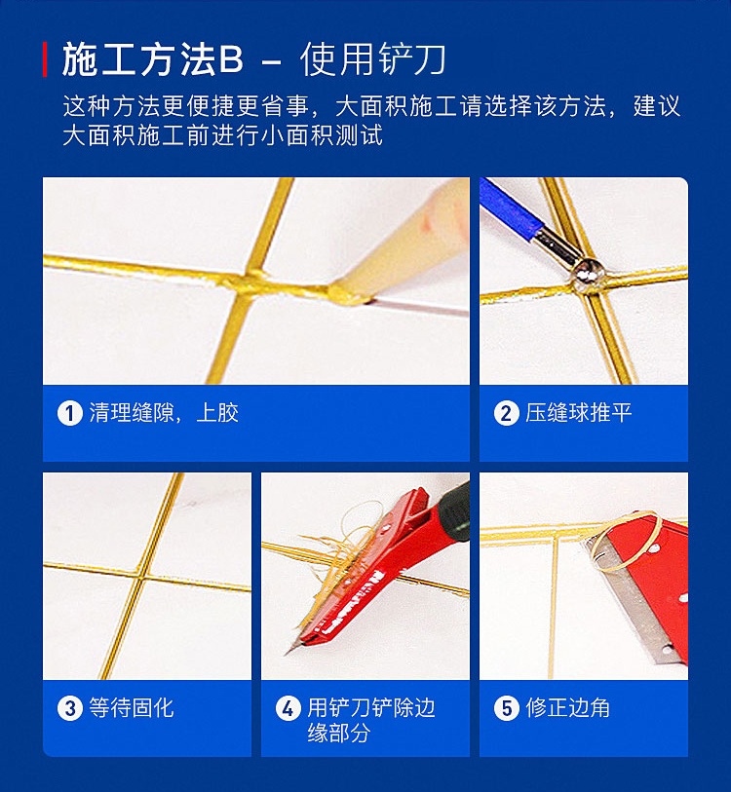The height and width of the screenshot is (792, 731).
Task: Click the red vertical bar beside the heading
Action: pyautogui.click(x=45, y=59)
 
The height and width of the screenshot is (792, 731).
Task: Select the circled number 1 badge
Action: pyautogui.click(x=69, y=413)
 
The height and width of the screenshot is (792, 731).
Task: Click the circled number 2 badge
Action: pyautogui.click(x=506, y=413)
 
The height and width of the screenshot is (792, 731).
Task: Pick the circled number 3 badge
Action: pyautogui.click(x=69, y=708)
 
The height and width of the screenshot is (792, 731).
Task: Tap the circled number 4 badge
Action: pyautogui.click(x=288, y=708)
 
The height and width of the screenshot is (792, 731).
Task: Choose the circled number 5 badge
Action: pyautogui.click(x=506, y=708)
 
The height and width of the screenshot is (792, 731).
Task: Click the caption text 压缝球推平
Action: pyautogui.click(x=579, y=413)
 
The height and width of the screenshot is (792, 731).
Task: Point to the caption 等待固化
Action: pyautogui.click(x=132, y=708)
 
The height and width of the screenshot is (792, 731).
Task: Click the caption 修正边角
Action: pyautogui.click(x=568, y=708)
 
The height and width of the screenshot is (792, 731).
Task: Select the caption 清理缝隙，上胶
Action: pyautogui.click(x=164, y=413)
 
